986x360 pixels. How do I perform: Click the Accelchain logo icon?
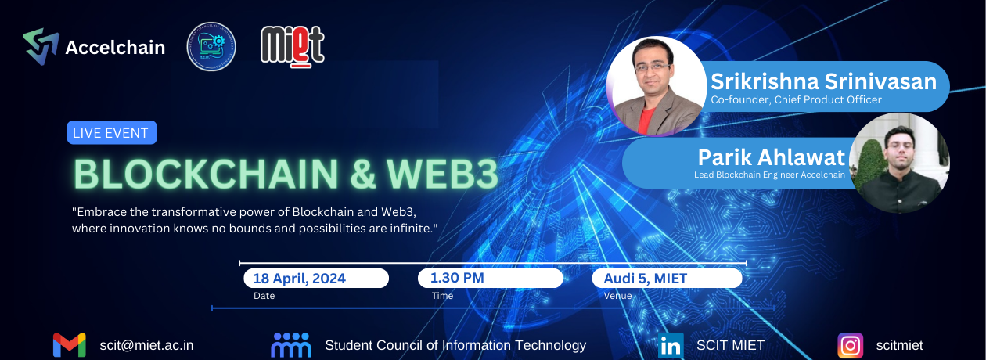[41, 46]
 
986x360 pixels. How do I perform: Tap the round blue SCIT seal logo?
[211, 46]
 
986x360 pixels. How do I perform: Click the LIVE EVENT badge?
[111, 133]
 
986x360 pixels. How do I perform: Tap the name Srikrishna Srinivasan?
[823, 81]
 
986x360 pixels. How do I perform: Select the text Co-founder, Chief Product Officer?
[796, 100]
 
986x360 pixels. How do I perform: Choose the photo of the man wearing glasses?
[657, 86]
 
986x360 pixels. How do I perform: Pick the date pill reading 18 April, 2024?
[315, 278]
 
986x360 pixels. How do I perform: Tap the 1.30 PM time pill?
[489, 278]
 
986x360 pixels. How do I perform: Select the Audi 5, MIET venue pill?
[666, 278]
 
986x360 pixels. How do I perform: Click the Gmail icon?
[69, 345]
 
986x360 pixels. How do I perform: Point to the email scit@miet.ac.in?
[146, 345]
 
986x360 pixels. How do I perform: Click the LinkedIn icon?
[671, 345]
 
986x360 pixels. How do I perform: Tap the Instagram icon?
[850, 345]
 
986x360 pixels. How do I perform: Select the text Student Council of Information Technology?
[455, 345]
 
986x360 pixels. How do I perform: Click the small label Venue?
[617, 297]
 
